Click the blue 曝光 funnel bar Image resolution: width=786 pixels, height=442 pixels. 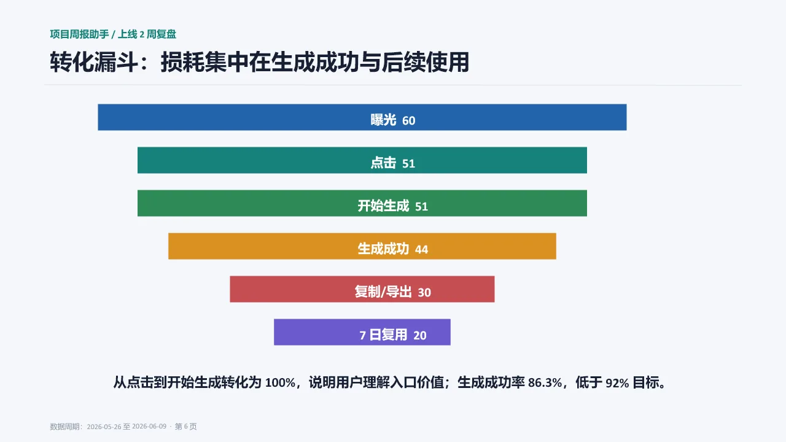(x=362, y=117)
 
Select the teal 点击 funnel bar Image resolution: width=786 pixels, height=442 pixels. (x=362, y=160)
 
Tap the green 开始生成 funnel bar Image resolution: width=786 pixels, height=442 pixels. (x=362, y=203)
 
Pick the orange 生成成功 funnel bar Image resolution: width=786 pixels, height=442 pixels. (x=362, y=246)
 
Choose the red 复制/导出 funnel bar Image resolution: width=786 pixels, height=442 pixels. (x=362, y=289)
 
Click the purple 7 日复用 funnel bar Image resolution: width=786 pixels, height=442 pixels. (x=362, y=332)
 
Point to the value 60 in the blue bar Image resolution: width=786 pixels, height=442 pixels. (x=408, y=121)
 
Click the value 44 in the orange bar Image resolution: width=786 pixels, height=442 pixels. (x=421, y=249)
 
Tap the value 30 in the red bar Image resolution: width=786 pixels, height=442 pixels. (x=424, y=293)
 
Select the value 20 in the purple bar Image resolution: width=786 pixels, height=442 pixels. (x=419, y=335)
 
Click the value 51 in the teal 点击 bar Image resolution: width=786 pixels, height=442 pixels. (x=408, y=163)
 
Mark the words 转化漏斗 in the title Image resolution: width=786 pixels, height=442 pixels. (x=94, y=62)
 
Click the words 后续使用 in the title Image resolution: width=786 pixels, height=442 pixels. (x=426, y=62)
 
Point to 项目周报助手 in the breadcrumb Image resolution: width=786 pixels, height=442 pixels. (x=79, y=34)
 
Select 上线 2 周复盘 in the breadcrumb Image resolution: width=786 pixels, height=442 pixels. (x=147, y=34)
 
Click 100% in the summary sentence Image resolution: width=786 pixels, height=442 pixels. (x=281, y=382)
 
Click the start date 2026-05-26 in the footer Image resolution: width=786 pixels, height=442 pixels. (x=104, y=427)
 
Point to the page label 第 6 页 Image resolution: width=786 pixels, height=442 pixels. (x=185, y=427)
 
